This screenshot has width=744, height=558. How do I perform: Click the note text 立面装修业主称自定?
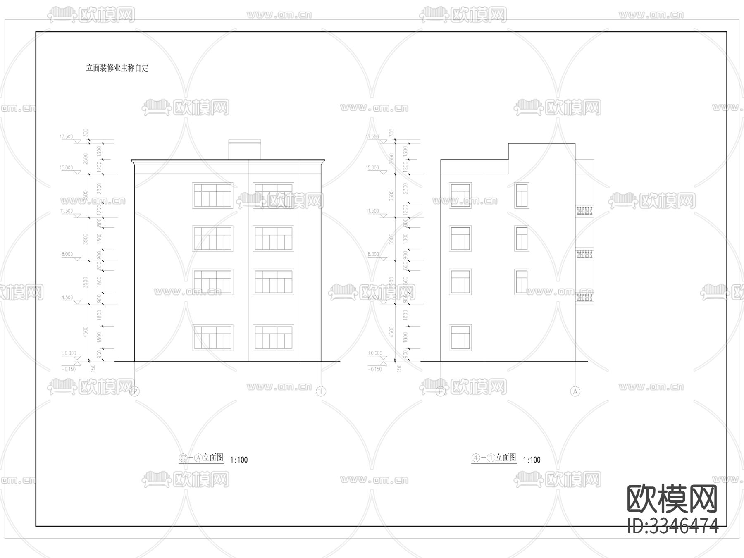(x=117, y=68)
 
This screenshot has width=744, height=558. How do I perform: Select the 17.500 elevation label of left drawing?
(x=66, y=137)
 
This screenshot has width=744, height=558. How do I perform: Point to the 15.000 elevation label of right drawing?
(x=372, y=168)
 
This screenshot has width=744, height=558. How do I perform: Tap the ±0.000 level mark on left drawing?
(x=69, y=353)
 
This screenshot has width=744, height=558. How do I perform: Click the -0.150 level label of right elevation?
(x=374, y=369)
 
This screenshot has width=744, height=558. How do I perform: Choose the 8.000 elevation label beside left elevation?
(x=67, y=254)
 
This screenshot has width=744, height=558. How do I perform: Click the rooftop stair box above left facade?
(x=245, y=149)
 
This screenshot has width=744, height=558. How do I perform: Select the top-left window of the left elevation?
(x=212, y=195)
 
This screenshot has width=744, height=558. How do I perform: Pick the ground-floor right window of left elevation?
(x=273, y=337)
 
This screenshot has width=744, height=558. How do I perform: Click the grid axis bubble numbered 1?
(x=321, y=391)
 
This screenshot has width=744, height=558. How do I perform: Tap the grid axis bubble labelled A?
(x=575, y=391)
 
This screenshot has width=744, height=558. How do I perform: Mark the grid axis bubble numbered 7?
(x=134, y=391)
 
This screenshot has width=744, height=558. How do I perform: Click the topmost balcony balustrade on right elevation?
(x=584, y=211)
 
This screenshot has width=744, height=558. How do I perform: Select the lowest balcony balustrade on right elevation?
(x=584, y=298)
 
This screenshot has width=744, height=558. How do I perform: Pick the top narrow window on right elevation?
(x=522, y=196)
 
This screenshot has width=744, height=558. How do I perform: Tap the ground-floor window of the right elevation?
(x=460, y=337)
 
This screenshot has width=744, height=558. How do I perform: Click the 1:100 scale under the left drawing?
(x=239, y=460)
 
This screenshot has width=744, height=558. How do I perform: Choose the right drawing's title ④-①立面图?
(x=494, y=458)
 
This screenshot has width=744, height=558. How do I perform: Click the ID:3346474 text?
(x=672, y=526)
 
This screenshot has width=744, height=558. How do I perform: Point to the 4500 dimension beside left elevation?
(x=86, y=331)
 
